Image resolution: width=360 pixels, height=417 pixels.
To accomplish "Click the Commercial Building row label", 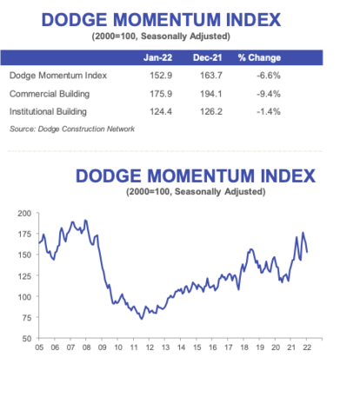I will pos(51,94).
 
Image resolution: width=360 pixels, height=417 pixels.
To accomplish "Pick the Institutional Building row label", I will pos(51,112).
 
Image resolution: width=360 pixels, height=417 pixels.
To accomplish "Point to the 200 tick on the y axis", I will pos(24,213).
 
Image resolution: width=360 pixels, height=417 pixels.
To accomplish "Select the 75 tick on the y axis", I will pos(26,317).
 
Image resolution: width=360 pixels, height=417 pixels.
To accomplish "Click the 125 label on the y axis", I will pos(24,275).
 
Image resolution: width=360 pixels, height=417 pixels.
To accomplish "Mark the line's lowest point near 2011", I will pos(142,319).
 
